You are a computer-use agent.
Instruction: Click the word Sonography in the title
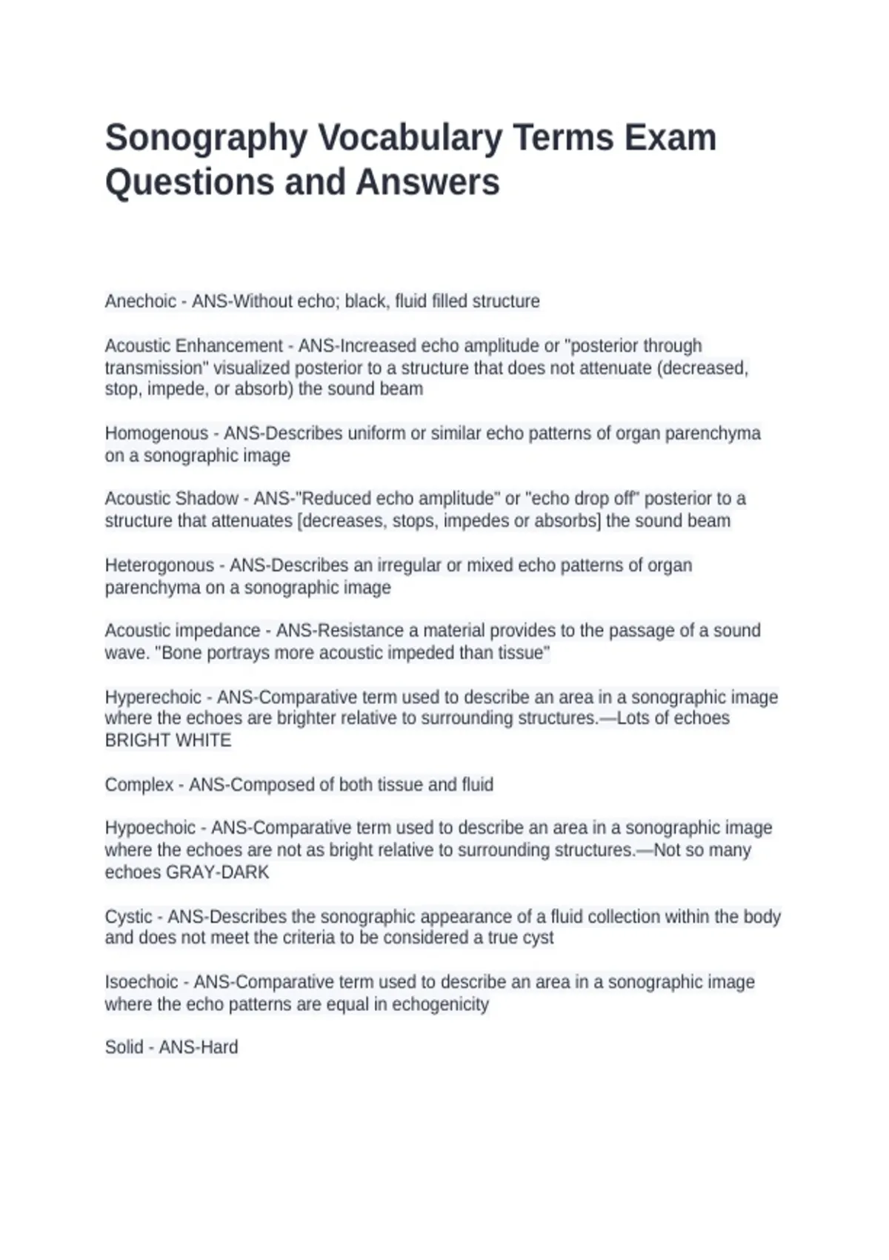[x=206, y=139]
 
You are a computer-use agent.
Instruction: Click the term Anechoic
[x=141, y=302]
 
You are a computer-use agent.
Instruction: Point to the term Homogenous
[x=156, y=434]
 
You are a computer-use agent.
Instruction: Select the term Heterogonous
[x=159, y=566]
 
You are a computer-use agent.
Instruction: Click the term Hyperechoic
[x=153, y=697]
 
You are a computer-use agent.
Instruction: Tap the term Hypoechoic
[x=150, y=828]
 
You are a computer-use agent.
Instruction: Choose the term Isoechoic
[x=141, y=982]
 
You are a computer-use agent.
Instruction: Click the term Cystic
[x=128, y=917]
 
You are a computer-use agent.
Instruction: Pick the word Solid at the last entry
[x=124, y=1047]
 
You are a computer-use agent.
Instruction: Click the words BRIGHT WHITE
[x=168, y=740]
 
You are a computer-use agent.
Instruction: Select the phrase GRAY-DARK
[x=217, y=872]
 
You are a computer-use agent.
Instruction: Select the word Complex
[x=139, y=785]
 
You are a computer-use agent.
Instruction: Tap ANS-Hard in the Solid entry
[x=199, y=1047]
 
